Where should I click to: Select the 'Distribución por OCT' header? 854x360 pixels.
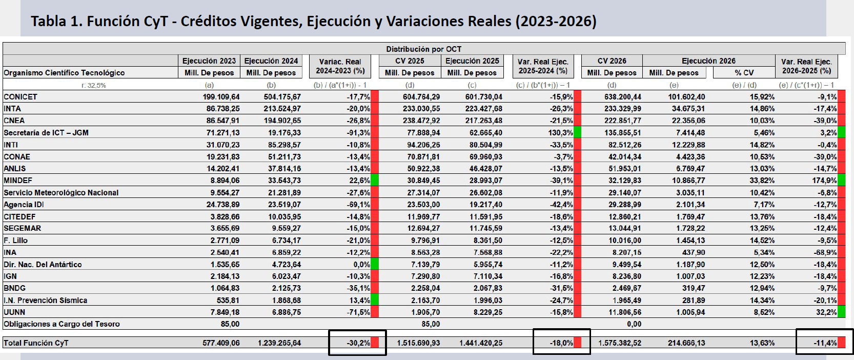pyautogui.click(x=423, y=49)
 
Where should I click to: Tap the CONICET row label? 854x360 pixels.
pyautogui.click(x=21, y=97)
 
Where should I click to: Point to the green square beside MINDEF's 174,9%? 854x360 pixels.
pyautogui.click(x=841, y=181)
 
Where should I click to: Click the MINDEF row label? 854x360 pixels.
pyautogui.click(x=18, y=181)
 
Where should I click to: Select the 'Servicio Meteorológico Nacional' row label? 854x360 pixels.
pyautogui.click(x=61, y=193)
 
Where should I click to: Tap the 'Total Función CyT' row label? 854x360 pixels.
pyautogui.click(x=36, y=343)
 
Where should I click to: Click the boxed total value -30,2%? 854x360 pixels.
pyautogui.click(x=357, y=343)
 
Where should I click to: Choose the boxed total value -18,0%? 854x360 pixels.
pyautogui.click(x=561, y=343)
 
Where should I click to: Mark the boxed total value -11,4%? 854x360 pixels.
pyautogui.click(x=825, y=343)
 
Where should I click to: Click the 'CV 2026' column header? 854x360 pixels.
pyautogui.click(x=612, y=61)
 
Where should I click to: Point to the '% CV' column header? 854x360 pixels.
pyautogui.click(x=744, y=73)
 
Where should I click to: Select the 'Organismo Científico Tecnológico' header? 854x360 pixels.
pyautogui.click(x=64, y=73)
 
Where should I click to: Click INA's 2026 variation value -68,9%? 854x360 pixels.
pyautogui.click(x=825, y=252)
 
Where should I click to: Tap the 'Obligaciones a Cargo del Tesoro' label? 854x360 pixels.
pyautogui.click(x=62, y=324)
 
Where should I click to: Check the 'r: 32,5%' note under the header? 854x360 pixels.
pyautogui.click(x=93, y=85)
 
